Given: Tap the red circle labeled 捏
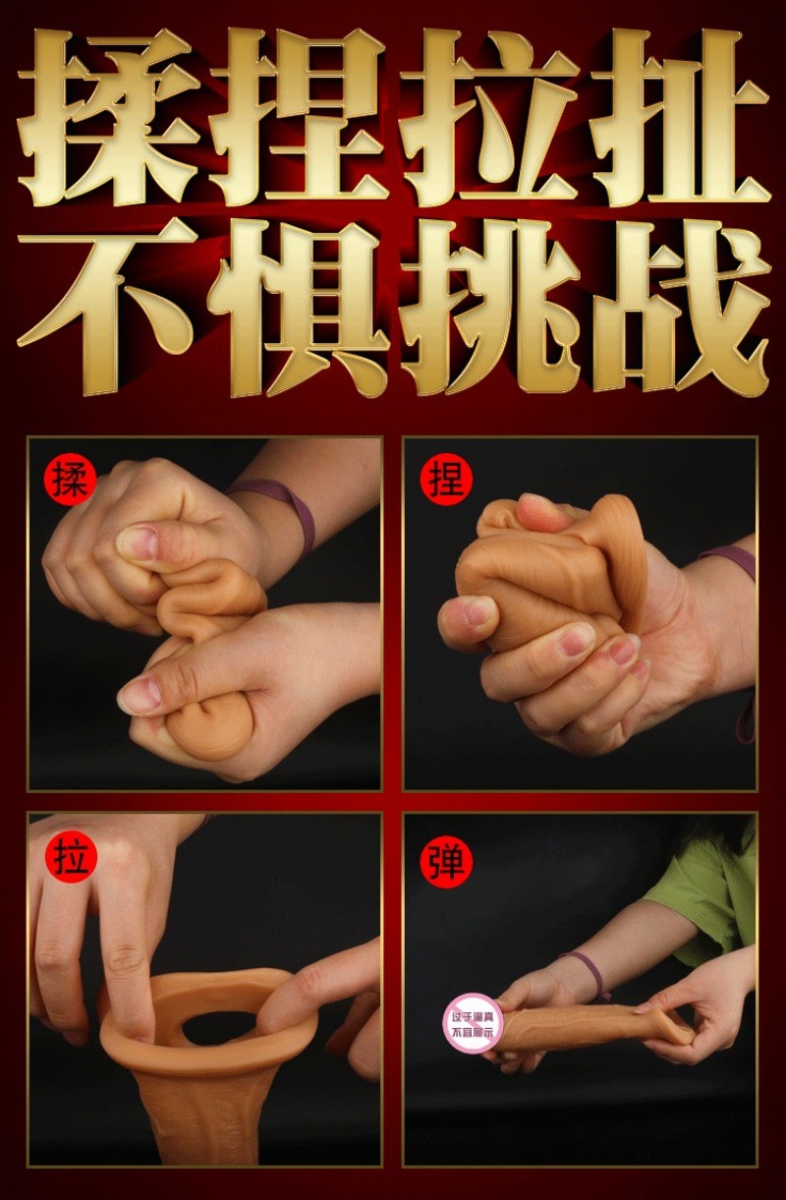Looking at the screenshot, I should coord(447,481).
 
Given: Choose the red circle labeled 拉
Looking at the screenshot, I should coord(70,857).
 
